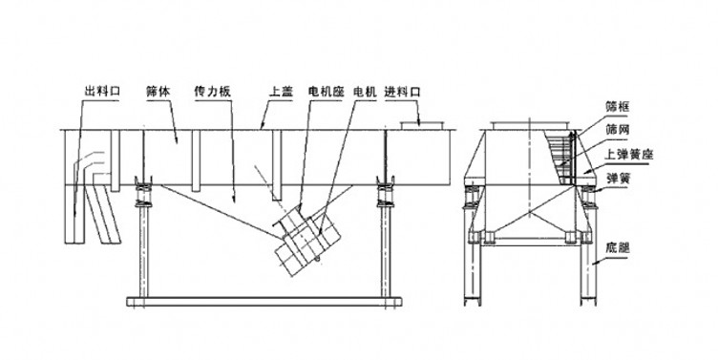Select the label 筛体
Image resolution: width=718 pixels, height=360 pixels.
(x=157, y=92)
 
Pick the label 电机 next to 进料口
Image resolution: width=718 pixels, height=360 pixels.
(x=364, y=92)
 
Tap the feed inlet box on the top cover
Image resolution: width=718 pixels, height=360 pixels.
(x=420, y=124)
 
